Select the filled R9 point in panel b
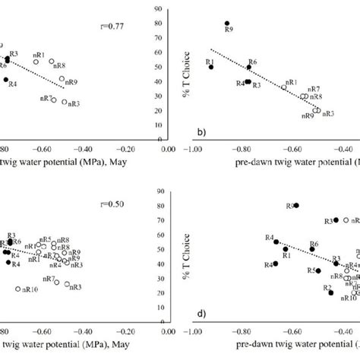click(227, 24)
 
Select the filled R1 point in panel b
click(211, 67)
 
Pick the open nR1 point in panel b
click(284, 87)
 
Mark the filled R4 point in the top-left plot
click(5, 80)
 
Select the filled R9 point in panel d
click(296, 205)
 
